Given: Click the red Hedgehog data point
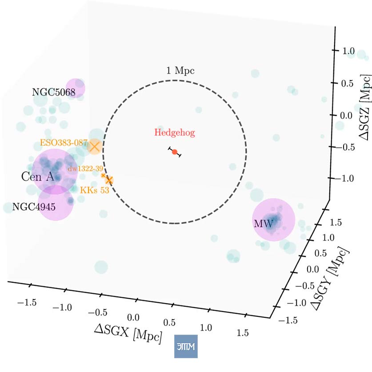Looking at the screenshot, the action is [175, 152].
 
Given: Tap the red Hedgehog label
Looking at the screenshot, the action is [175, 132].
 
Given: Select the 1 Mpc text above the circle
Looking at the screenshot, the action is [180, 71].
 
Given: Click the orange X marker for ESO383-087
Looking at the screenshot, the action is [95, 147].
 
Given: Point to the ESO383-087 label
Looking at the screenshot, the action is [64, 143].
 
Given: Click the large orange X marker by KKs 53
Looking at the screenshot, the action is [109, 180].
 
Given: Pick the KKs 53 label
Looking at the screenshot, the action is [94, 190].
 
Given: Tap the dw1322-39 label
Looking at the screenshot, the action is [85, 169].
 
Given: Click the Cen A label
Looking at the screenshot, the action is [38, 176].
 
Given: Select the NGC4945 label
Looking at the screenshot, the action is [34, 207].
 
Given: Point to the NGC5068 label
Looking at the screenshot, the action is [54, 92].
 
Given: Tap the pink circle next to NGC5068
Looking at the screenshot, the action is [75, 88].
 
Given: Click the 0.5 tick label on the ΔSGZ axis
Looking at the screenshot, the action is [347, 84].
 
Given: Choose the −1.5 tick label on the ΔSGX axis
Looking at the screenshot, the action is [27, 303].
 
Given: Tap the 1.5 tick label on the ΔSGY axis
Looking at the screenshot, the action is [336, 223].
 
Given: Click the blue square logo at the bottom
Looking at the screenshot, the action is [186, 346].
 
